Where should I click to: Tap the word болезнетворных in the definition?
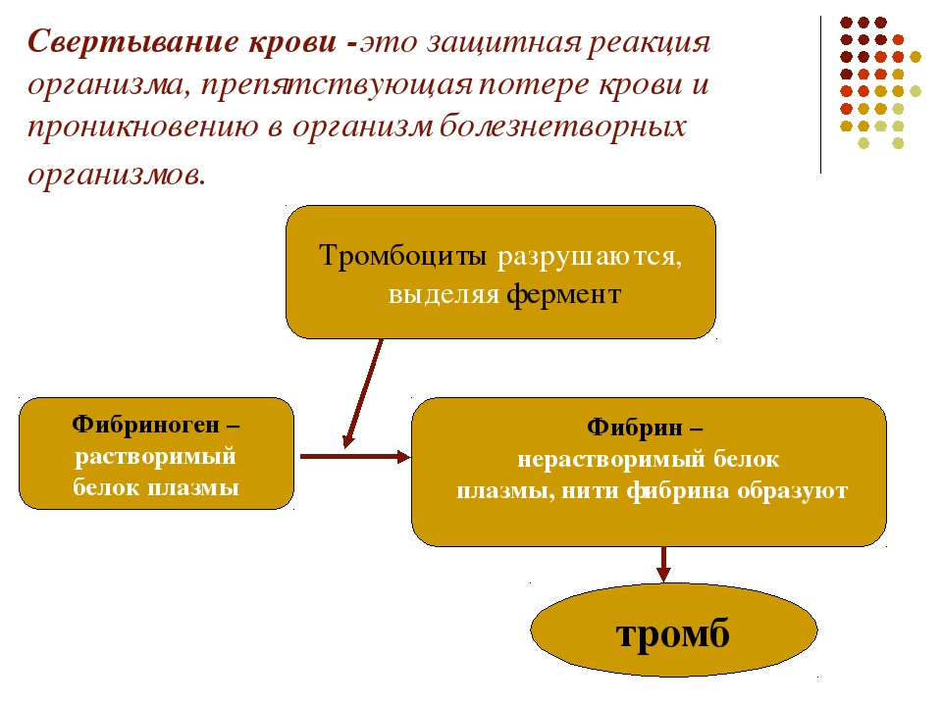pyautogui.click(x=563, y=126)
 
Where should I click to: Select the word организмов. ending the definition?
pyautogui.click(x=117, y=175)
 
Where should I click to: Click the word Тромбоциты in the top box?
pyautogui.click(x=402, y=255)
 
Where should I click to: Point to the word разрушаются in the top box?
pyautogui.click(x=590, y=257)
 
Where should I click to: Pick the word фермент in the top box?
pyautogui.click(x=563, y=294)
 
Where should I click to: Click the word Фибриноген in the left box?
pyautogui.click(x=145, y=425)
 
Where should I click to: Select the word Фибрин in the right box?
pyautogui.click(x=635, y=428)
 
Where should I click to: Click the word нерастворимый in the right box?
pyautogui.click(x=611, y=460)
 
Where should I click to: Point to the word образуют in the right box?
pyautogui.click(x=793, y=491)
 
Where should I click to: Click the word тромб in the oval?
pyautogui.click(x=673, y=632)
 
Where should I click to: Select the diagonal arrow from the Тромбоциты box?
pyautogui.click(x=363, y=393)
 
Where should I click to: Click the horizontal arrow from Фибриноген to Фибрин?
pyautogui.click(x=355, y=456)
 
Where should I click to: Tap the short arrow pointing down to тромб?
pyautogui.click(x=663, y=565)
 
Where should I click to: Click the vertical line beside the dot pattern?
pyautogui.click(x=820, y=95)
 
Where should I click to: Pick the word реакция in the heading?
pyautogui.click(x=649, y=43)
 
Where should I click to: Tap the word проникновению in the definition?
pyautogui.click(x=143, y=127)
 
